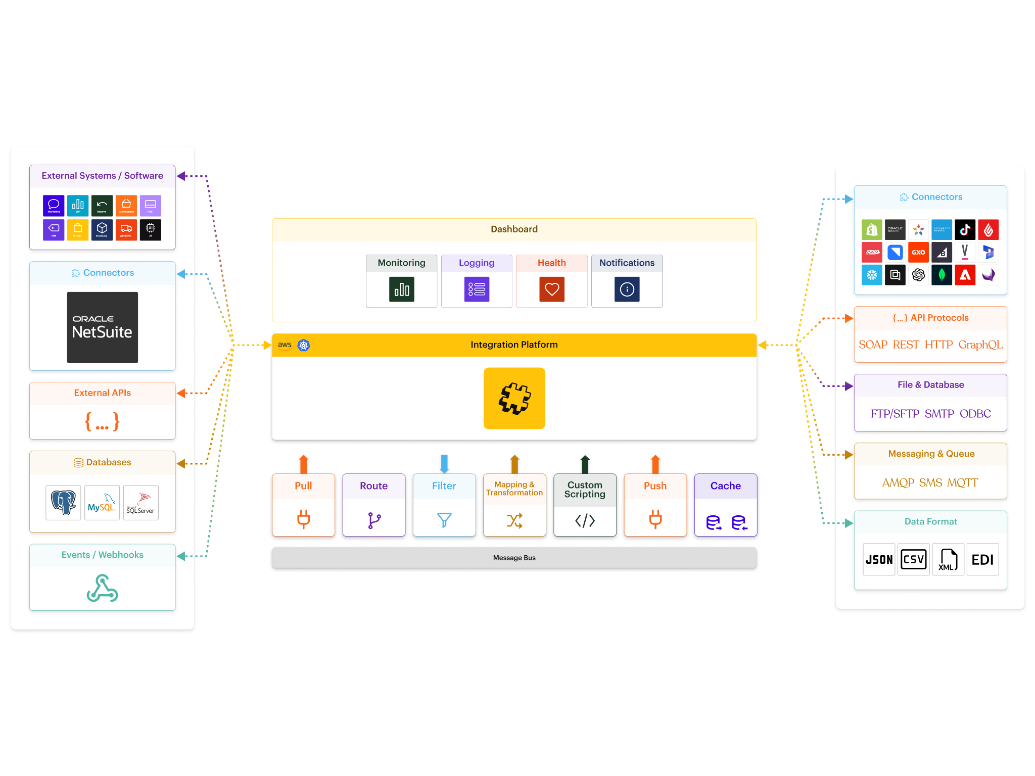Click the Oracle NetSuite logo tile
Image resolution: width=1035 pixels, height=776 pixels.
tap(102, 327)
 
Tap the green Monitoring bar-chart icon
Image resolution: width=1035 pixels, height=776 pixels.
tap(401, 289)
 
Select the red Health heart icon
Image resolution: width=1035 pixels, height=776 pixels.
tap(551, 289)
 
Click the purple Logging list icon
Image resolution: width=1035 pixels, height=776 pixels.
tap(477, 289)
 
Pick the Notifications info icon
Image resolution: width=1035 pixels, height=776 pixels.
tap(627, 289)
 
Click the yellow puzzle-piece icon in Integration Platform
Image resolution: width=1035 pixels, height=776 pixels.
tap(514, 398)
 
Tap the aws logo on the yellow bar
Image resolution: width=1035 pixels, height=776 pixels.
tap(285, 345)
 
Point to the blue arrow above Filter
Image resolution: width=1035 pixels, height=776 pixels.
tap(444, 463)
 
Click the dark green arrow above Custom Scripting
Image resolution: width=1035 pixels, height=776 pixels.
tap(585, 464)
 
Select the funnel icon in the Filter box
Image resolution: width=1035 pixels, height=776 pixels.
tap(444, 520)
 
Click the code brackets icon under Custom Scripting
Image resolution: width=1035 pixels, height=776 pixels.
tap(585, 520)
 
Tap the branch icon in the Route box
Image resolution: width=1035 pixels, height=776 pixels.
tap(374, 520)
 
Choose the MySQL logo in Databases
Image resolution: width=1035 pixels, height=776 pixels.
tap(102, 503)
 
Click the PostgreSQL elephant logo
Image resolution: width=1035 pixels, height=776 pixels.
tap(63, 503)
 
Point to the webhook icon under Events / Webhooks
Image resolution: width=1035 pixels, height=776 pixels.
tap(102, 588)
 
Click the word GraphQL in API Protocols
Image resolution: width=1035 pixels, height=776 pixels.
tap(980, 345)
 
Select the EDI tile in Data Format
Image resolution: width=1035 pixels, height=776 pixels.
tap(982, 559)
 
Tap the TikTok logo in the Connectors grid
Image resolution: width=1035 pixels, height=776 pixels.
tap(965, 230)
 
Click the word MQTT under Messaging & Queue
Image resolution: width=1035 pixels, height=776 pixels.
tap(962, 482)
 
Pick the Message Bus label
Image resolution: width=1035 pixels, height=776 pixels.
tap(514, 558)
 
